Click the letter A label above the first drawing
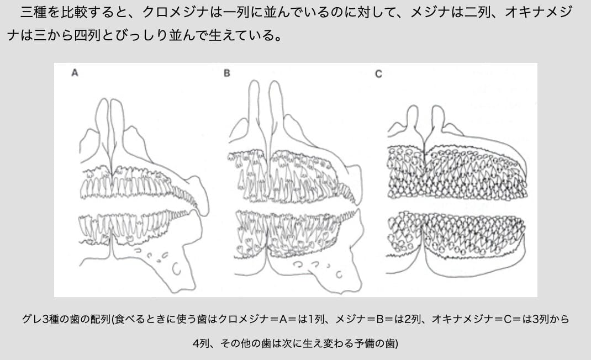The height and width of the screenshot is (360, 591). pos(75,73)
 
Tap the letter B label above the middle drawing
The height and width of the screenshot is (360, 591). pos(227,73)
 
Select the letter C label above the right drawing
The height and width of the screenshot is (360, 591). pos(378,74)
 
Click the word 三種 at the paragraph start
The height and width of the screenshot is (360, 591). pos(34,13)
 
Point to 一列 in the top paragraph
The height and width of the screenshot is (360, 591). pos(236,13)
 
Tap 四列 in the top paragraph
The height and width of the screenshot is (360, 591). pos(87,35)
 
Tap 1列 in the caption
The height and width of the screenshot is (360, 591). pos(316,319)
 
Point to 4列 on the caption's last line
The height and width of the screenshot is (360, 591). pos(201,343)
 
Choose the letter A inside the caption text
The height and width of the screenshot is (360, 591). pos(283,319)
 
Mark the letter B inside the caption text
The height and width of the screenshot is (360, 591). pos(379,319)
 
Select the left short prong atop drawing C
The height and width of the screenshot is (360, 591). pos(413,118)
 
